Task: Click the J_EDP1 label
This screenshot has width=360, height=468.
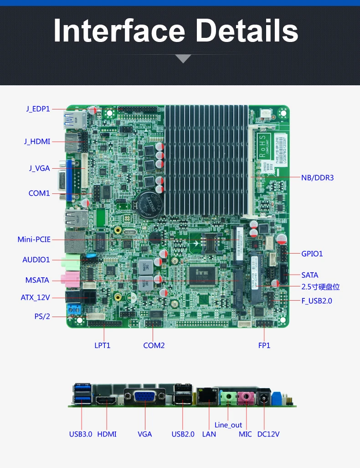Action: (x=38, y=109)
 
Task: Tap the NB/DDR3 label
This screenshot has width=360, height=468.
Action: (x=317, y=177)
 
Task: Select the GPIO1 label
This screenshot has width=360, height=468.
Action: (x=312, y=254)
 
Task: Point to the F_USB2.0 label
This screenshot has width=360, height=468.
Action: (x=316, y=301)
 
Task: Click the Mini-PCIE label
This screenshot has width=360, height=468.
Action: (x=34, y=239)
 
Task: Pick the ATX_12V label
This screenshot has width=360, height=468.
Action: (x=35, y=297)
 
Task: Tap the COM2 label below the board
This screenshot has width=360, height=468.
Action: (x=154, y=345)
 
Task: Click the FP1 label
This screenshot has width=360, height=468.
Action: (x=264, y=345)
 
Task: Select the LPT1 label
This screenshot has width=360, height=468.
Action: (x=102, y=345)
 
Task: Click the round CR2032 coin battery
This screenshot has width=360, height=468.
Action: (x=147, y=204)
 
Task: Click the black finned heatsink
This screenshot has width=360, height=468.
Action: (x=206, y=160)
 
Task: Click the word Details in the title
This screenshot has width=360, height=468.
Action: (x=247, y=31)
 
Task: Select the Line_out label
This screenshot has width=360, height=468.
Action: (x=228, y=425)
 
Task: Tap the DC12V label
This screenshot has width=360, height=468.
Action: (x=268, y=434)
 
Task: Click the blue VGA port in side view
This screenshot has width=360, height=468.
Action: (x=144, y=396)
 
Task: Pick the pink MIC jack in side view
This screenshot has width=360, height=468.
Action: (x=246, y=398)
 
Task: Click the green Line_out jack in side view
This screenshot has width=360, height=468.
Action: (x=228, y=398)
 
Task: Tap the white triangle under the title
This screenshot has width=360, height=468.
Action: (x=183, y=58)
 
